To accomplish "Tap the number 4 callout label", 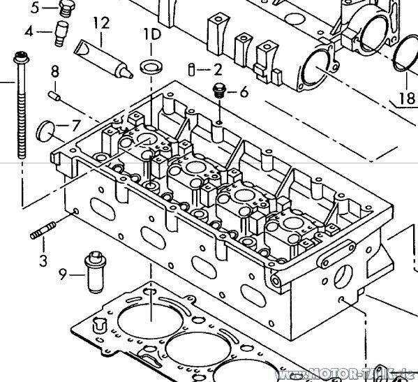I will pos(29,32).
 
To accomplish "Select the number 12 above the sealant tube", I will pos(101,24).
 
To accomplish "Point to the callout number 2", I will pos(218,69).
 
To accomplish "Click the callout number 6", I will pos(244,92).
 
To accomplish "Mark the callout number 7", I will pos(76,126).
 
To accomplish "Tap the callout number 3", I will pos(43,262).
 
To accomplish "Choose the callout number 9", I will pos(63,274).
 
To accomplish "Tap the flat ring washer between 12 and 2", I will pos(149,68).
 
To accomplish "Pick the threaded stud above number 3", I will pos(43,231).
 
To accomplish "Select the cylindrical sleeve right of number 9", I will pos(93,272).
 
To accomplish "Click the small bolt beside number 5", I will pos(66,8).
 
